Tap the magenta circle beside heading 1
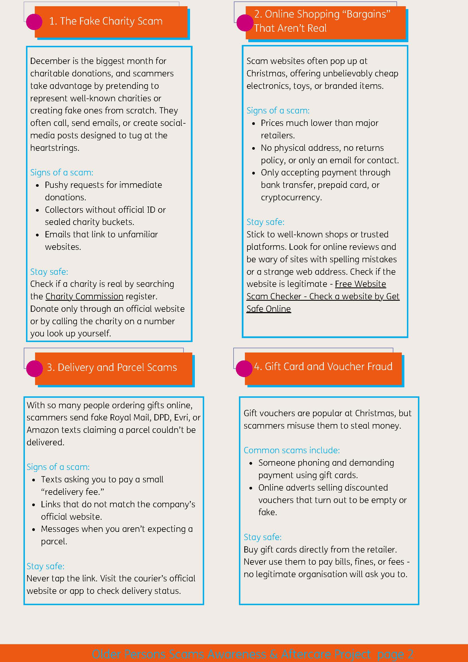34,22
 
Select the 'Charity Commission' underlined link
85,296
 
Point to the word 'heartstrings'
54,148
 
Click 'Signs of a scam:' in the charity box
62,172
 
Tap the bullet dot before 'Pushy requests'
37,186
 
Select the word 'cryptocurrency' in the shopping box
291,197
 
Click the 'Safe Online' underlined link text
269,309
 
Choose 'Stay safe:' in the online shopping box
266,222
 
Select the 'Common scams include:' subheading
292,450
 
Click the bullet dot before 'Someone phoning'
251,464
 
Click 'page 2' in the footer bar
395,654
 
